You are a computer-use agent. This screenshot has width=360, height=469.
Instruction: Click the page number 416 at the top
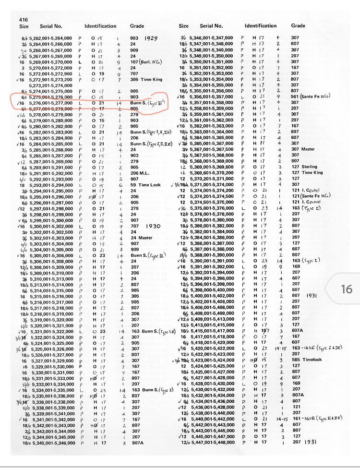[x=23, y=19]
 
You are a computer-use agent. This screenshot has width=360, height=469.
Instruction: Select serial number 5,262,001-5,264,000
[x=51, y=38]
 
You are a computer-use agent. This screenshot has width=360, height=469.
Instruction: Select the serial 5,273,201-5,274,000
[x=51, y=85]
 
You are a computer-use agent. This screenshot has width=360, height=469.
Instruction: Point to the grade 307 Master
[x=301, y=149]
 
